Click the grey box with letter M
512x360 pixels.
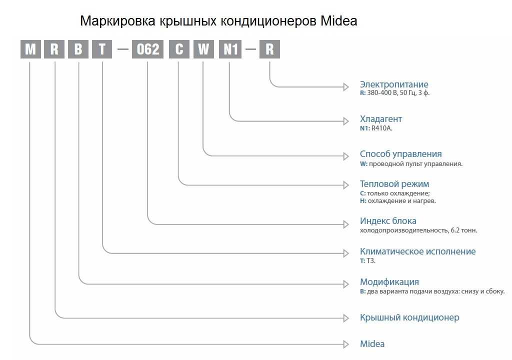30,49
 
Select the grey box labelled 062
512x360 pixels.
147,49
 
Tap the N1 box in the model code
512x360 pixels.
230,49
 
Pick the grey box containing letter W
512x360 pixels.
203,49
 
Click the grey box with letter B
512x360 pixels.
78,49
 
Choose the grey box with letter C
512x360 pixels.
179,49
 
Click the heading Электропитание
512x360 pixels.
394,84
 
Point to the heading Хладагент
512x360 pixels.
380,119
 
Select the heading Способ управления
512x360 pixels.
400,154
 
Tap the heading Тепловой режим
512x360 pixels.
394,184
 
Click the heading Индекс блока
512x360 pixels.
388,221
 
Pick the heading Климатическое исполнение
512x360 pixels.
417,251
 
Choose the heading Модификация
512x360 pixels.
389,282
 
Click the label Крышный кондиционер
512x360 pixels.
409,317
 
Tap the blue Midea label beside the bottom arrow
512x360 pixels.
372,343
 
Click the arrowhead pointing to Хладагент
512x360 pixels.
346,121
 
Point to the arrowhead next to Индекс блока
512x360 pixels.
346,224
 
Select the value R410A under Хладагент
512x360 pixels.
381,128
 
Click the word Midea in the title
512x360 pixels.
338,21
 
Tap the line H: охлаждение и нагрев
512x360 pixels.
397,201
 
